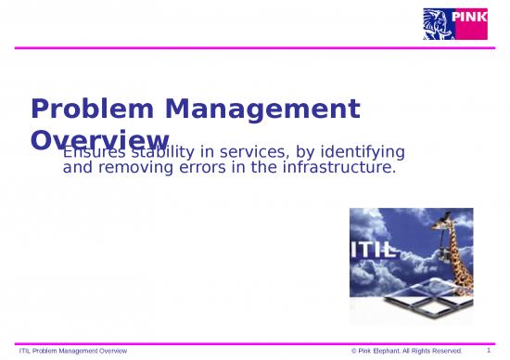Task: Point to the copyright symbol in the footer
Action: point(355,350)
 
